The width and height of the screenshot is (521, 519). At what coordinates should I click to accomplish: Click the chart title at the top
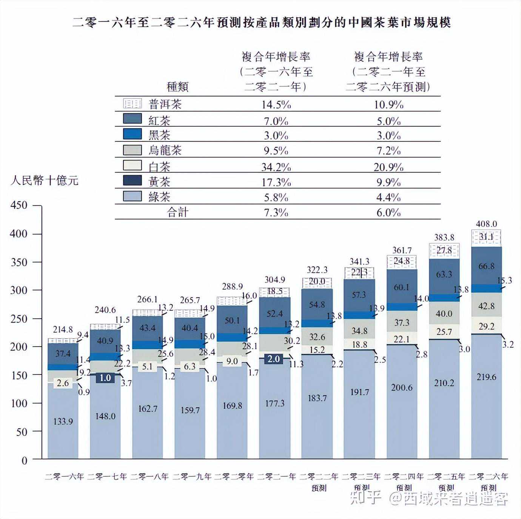click(x=261, y=23)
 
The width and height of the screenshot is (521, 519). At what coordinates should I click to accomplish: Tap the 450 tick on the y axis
click(x=19, y=205)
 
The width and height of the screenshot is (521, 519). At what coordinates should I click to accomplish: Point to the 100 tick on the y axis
click(x=19, y=403)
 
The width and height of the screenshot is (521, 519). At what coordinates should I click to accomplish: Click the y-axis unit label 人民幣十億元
click(x=44, y=180)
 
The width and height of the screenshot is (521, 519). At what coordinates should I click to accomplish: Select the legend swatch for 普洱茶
click(x=132, y=103)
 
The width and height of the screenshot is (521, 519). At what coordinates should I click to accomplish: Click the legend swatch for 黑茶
click(x=132, y=134)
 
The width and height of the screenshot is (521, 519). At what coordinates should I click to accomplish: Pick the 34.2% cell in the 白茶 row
click(x=276, y=167)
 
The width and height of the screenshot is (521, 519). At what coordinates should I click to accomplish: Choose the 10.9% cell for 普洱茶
click(x=388, y=104)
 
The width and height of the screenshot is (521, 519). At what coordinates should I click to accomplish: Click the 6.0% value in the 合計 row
click(x=388, y=212)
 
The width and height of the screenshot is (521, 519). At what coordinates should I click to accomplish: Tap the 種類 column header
click(x=177, y=87)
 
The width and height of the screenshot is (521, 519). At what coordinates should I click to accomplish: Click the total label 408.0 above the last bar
click(x=486, y=224)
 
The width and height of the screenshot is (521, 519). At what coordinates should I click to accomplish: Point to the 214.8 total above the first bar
click(x=63, y=329)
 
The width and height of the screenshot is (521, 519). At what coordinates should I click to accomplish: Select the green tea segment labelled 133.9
click(x=63, y=421)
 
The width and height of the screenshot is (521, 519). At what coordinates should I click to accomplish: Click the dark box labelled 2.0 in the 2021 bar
click(x=274, y=359)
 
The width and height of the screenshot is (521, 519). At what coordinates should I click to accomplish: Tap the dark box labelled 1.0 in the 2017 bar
click(x=105, y=378)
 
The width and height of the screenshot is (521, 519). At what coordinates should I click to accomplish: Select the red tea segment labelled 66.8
click(x=486, y=266)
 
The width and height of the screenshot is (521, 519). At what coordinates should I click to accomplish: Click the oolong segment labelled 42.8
click(x=486, y=306)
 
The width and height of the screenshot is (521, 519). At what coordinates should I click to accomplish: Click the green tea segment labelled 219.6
click(x=486, y=377)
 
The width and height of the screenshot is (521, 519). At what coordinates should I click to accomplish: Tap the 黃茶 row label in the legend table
click(x=159, y=182)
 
